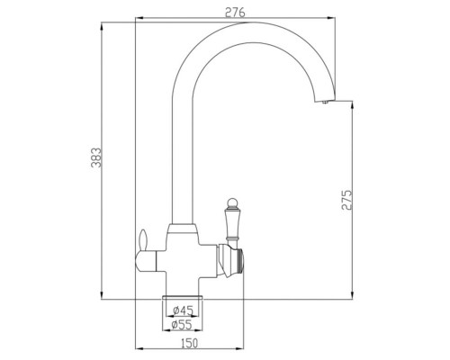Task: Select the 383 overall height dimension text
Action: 87,158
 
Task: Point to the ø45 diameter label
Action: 184,311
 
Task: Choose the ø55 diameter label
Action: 184,327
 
